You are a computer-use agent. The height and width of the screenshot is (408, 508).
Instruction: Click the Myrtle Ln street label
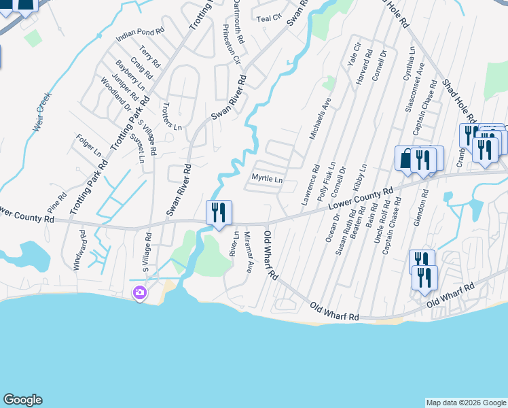click(x=267, y=180)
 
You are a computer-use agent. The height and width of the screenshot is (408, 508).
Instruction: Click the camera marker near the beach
click(x=139, y=293)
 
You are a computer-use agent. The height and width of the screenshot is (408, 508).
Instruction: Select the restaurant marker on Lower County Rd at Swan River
click(x=219, y=212)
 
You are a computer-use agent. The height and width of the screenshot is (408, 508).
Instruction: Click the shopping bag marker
click(x=406, y=159)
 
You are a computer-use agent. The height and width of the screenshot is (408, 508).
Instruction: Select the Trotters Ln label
click(x=172, y=116)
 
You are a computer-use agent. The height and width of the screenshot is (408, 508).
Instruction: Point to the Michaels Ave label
click(x=319, y=118)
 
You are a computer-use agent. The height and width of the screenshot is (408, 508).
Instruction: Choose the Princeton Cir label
click(x=232, y=44)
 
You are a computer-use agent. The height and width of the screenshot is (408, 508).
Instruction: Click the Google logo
click(x=22, y=400)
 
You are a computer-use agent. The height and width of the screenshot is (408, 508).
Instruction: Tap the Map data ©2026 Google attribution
click(x=465, y=403)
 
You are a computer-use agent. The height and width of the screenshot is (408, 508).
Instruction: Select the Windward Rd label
click(x=82, y=249)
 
